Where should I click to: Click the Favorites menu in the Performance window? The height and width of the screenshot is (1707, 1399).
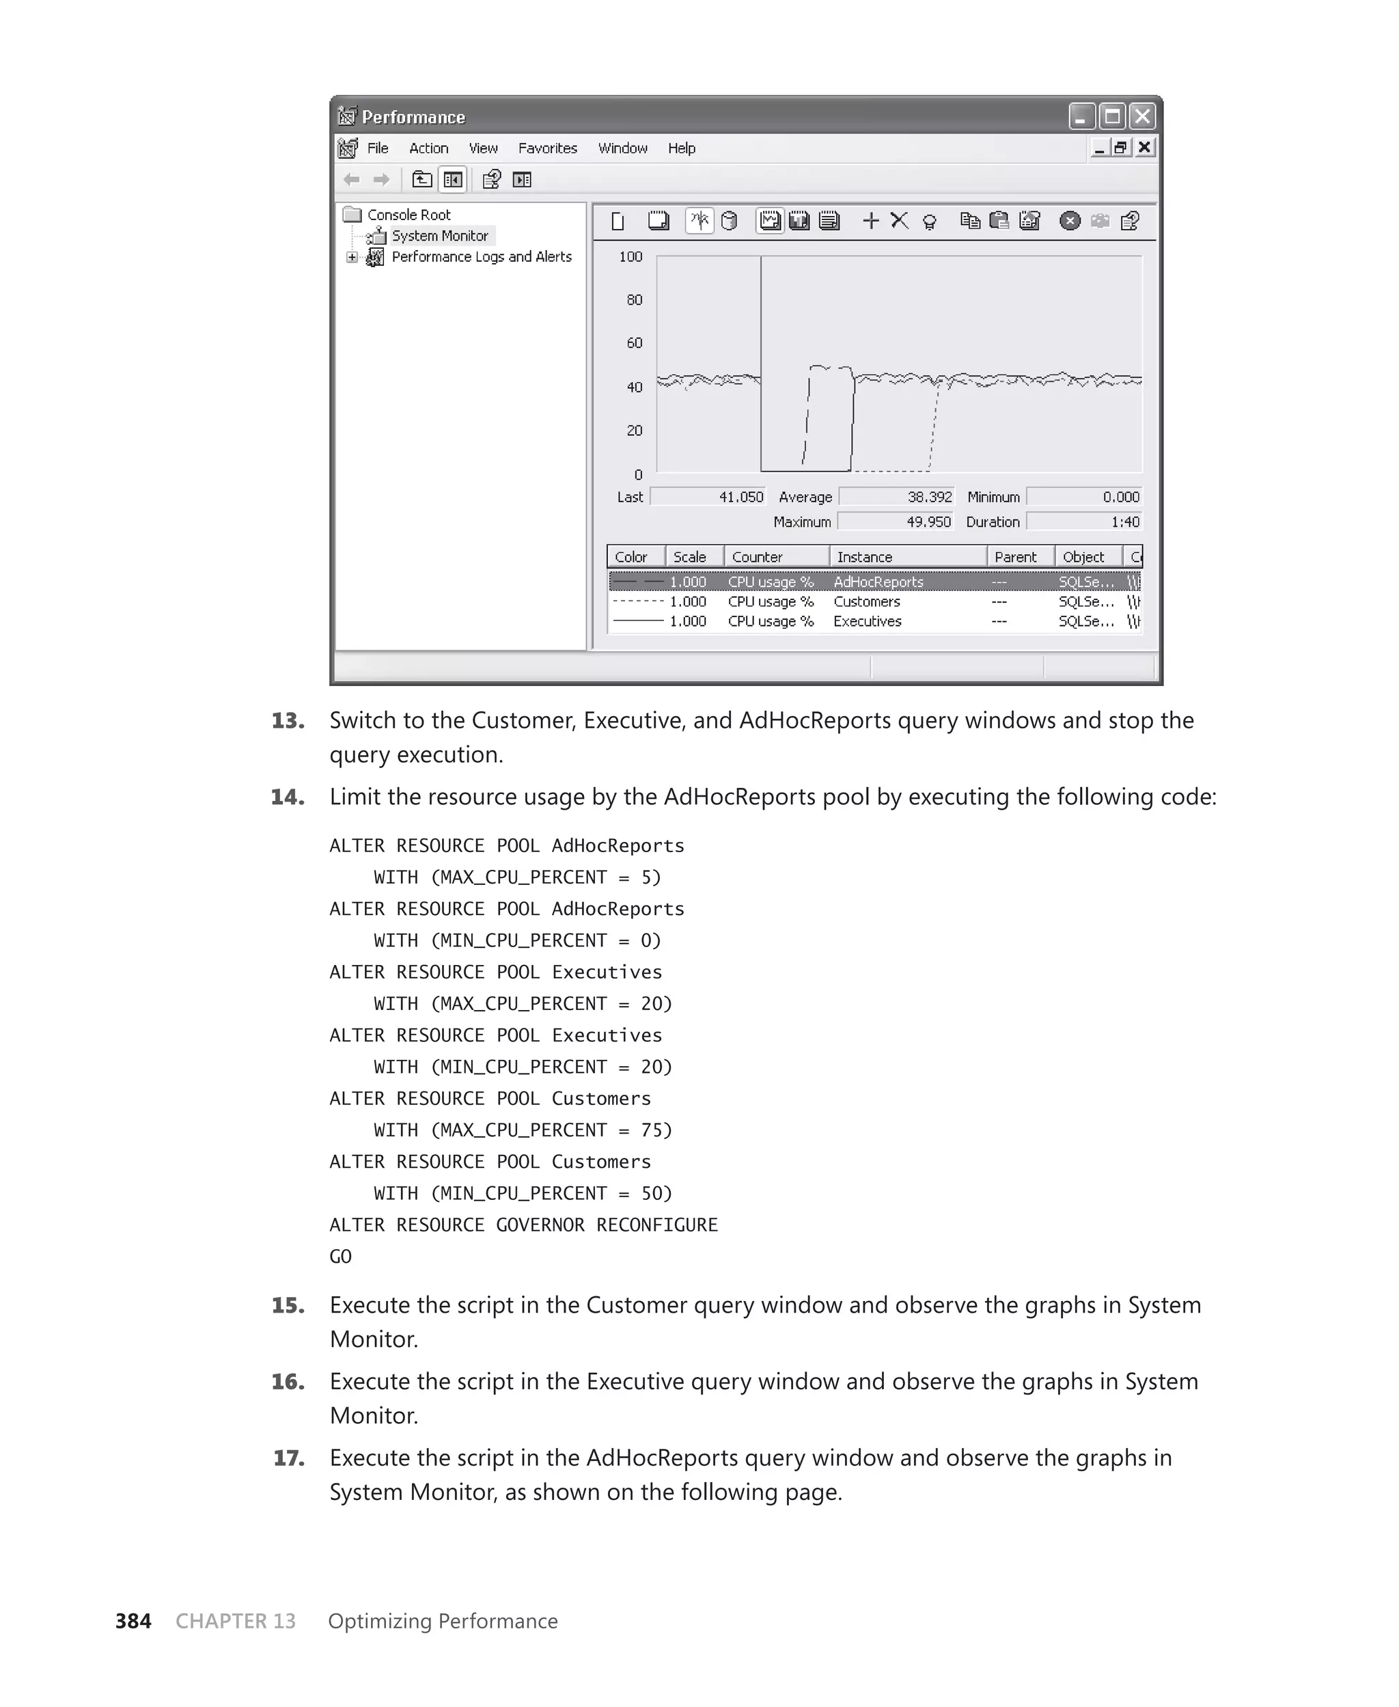(547, 148)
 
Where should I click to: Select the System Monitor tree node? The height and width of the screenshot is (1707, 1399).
(439, 236)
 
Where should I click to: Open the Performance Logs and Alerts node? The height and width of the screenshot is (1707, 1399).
(481, 257)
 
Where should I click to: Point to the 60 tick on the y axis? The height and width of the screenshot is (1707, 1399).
(634, 343)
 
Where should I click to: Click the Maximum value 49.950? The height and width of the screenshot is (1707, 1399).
(928, 522)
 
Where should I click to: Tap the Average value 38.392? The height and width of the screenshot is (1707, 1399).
(929, 497)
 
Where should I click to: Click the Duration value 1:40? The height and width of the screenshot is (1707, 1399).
(1124, 522)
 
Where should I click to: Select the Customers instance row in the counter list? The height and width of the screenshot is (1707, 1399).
(866, 602)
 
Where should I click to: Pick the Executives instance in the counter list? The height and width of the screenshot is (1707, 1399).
(867, 621)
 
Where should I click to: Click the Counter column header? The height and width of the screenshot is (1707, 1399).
(757, 557)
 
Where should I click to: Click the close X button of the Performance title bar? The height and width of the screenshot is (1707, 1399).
(1142, 117)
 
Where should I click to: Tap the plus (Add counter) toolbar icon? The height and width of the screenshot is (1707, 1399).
(870, 221)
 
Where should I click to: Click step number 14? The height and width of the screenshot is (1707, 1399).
(288, 797)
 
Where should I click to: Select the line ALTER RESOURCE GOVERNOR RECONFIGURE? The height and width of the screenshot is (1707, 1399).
(523, 1225)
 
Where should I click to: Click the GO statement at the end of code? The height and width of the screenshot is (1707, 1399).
(340, 1257)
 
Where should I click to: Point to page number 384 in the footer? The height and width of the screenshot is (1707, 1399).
(133, 1621)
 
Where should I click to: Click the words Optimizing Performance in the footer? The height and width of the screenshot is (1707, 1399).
(443, 1621)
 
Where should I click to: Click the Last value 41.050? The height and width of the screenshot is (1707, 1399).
(740, 497)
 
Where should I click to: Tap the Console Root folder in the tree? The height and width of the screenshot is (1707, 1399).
(408, 215)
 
